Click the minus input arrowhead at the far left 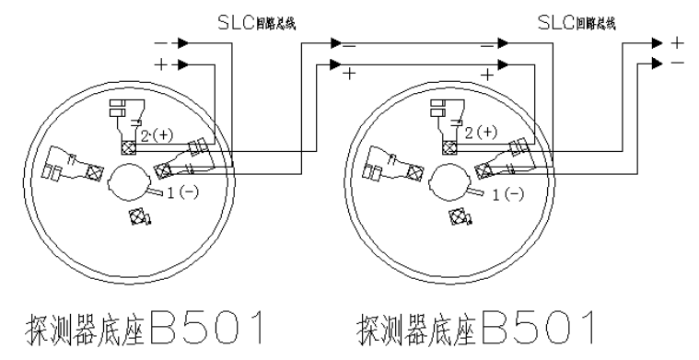pos(183,42)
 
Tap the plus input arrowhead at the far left pos(183,64)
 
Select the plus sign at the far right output pos(679,42)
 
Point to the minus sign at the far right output pos(679,64)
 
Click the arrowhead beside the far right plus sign pos(657,42)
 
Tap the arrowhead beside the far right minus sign pos(657,64)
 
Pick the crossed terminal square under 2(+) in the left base pos(127,146)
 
